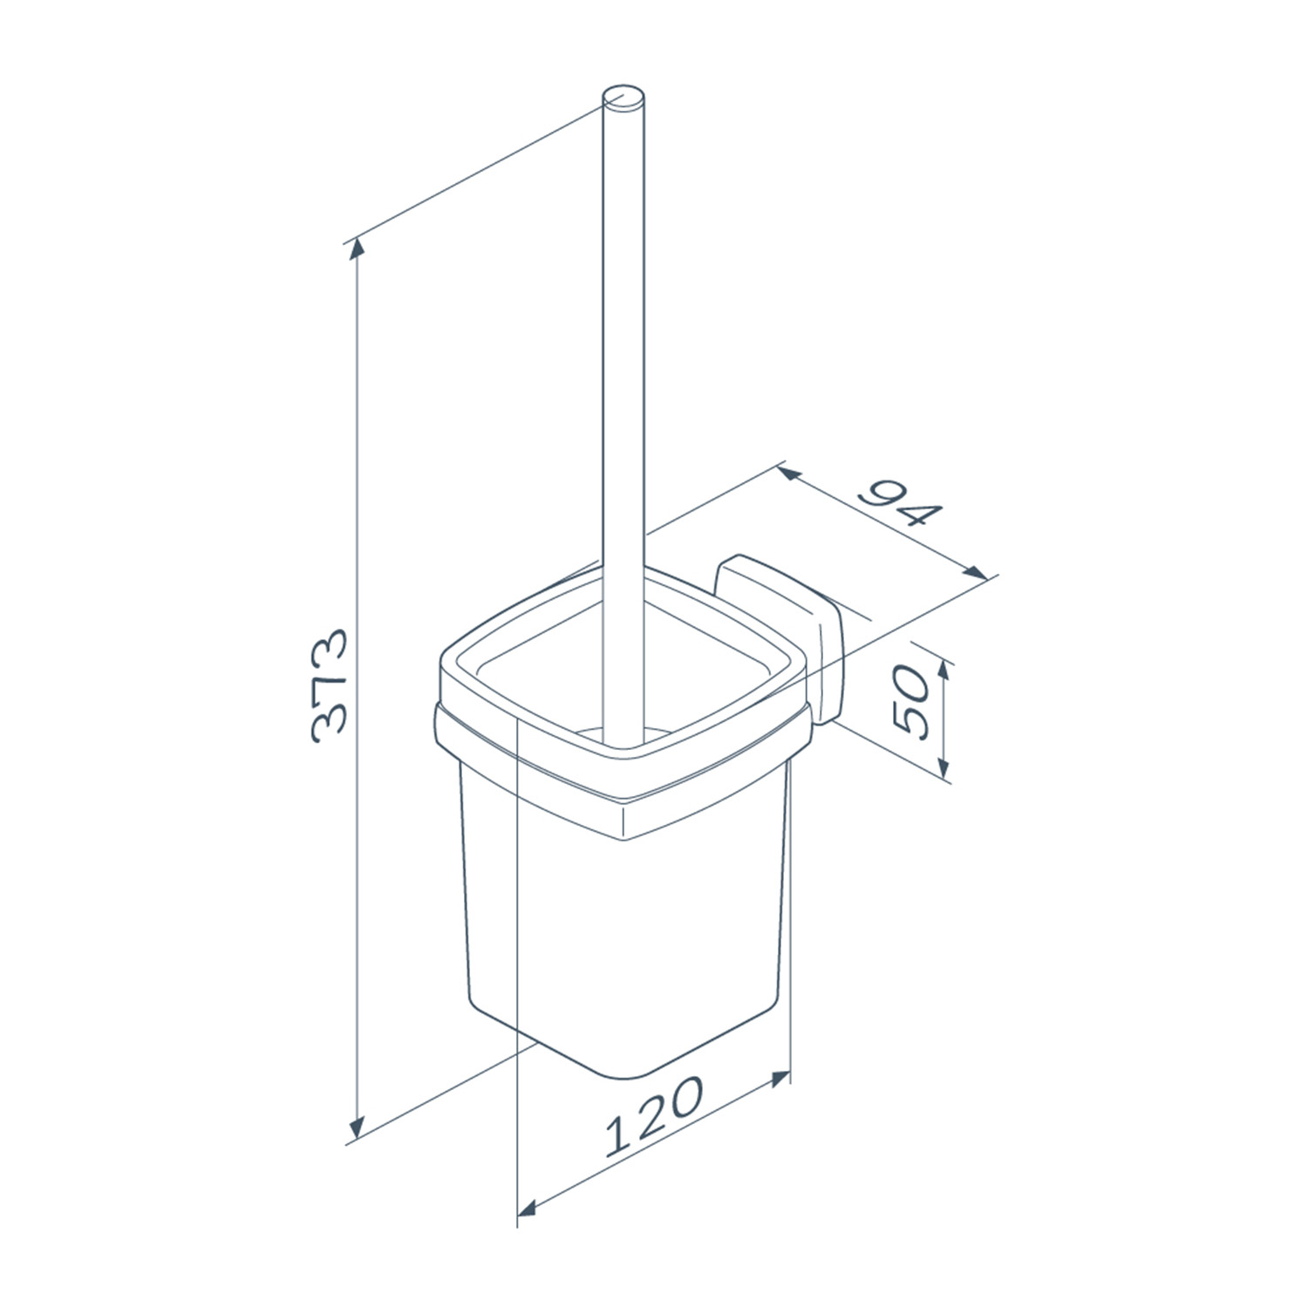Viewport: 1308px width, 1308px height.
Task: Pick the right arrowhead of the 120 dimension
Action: pos(778,1080)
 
